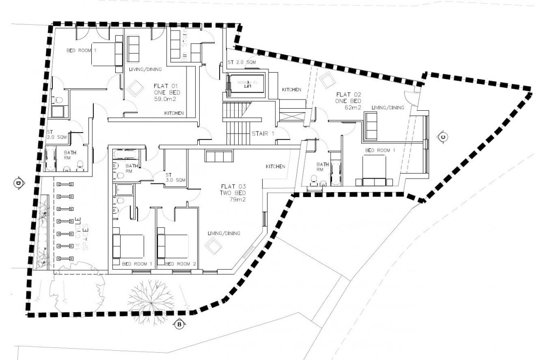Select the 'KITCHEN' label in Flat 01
(x=174, y=113)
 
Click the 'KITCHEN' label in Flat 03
(x=275, y=166)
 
